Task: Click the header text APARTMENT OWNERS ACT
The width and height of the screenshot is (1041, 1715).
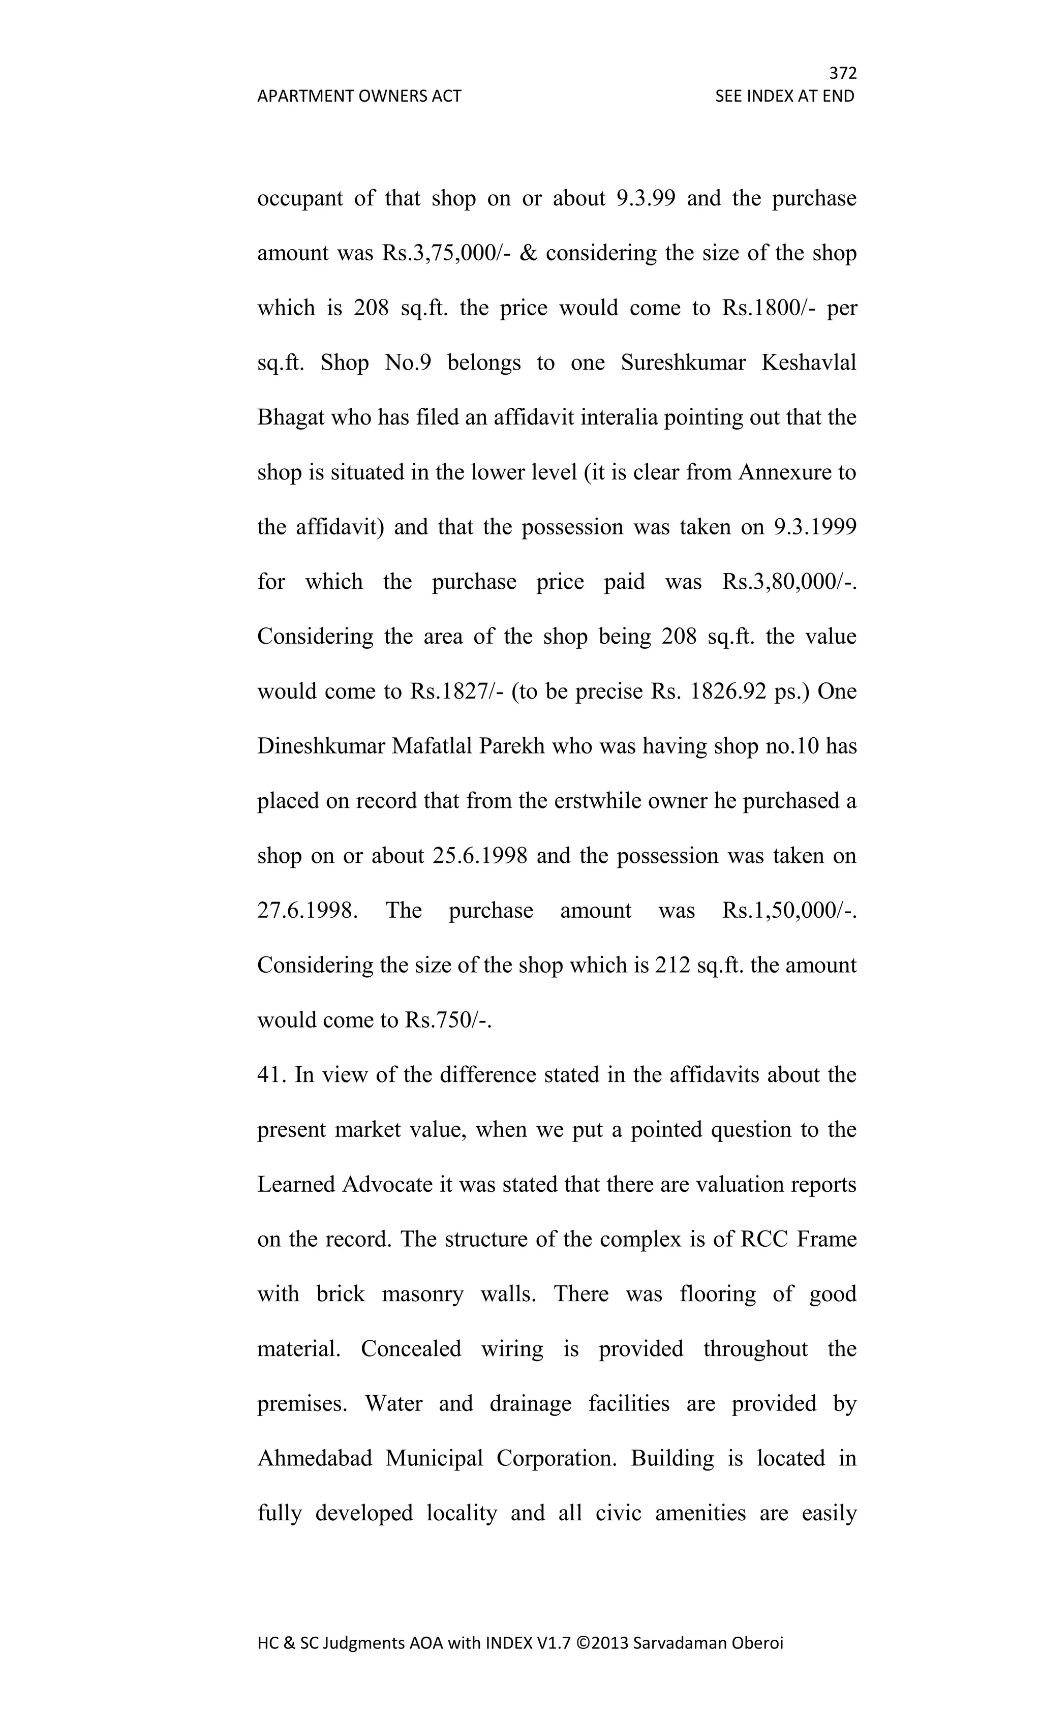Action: (x=359, y=96)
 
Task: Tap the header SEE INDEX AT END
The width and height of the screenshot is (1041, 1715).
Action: (x=784, y=96)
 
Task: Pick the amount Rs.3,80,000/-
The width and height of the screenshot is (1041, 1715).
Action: (x=789, y=582)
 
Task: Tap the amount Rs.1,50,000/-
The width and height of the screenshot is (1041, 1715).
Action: (x=789, y=911)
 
